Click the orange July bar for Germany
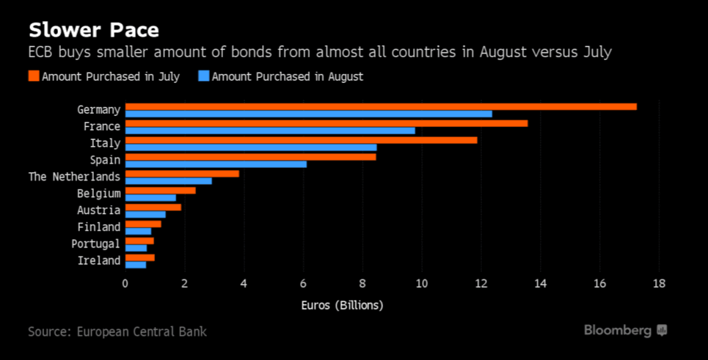(381, 106)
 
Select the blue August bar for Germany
(308, 114)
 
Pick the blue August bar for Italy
(251, 147)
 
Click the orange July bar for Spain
(250, 156)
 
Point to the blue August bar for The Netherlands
(168, 180)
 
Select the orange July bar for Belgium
(160, 190)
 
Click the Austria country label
(98, 210)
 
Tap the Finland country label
(98, 227)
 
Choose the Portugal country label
(95, 244)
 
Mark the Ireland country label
(98, 261)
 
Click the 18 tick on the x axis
(659, 284)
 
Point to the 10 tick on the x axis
(421, 284)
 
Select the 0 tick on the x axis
(125, 284)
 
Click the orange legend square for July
(33, 76)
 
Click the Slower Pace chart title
(93, 30)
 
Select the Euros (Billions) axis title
(342, 305)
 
